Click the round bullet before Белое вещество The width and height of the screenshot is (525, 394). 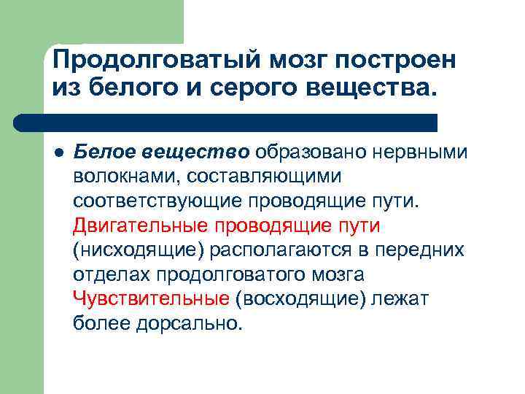point(58,151)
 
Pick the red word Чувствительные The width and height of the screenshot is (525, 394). point(151,298)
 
